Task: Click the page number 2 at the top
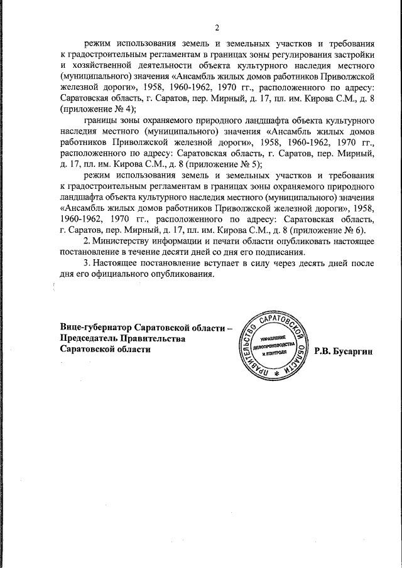tap(217, 28)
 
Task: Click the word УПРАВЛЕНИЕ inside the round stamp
tap(274, 337)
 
